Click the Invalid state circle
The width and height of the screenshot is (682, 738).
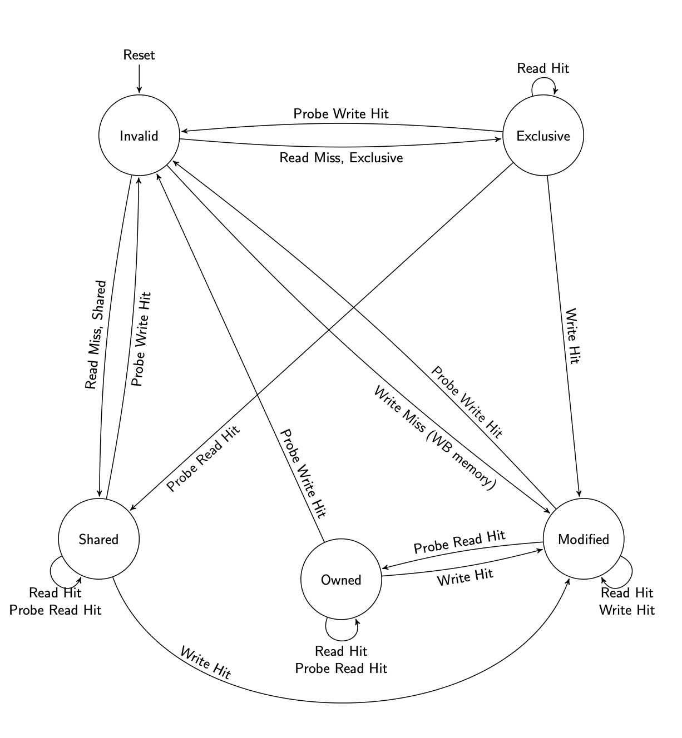(139, 136)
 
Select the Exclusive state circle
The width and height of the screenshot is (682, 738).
(543, 136)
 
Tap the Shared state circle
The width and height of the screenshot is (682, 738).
(98, 539)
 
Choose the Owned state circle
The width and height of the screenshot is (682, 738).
(341, 580)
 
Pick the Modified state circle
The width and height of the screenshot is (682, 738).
(584, 539)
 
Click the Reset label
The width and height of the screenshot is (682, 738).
(139, 55)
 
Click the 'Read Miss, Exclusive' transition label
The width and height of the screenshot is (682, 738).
(341, 158)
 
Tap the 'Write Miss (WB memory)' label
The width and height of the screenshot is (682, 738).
(434, 438)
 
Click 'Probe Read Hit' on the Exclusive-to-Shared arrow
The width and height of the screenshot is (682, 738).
(203, 458)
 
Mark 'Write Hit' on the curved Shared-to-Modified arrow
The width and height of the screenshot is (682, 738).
(205, 663)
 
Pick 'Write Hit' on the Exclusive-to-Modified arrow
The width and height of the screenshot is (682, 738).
(572, 336)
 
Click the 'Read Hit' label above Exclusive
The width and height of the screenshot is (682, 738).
(543, 68)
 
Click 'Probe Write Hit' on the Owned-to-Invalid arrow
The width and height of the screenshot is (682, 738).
(302, 473)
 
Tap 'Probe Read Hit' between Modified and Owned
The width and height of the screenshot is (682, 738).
(459, 542)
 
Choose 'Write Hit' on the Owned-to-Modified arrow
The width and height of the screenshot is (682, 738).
(465, 577)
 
